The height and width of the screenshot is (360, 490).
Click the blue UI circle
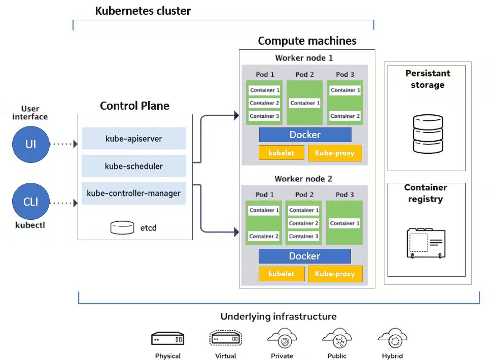pyautogui.click(x=31, y=144)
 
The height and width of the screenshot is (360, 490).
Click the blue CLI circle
pyautogui.click(x=31, y=202)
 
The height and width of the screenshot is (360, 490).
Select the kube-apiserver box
pyautogui.click(x=134, y=138)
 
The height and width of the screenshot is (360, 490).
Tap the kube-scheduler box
pyautogui.click(x=134, y=166)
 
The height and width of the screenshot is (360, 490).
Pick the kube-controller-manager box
pyautogui.click(x=134, y=193)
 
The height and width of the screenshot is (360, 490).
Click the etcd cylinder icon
pyautogui.click(x=122, y=227)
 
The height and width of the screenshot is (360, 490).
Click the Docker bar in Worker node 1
pyautogui.click(x=305, y=135)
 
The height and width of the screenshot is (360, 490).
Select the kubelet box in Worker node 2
pyautogui.click(x=282, y=274)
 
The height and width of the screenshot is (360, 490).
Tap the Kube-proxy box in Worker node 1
pyautogui.click(x=335, y=153)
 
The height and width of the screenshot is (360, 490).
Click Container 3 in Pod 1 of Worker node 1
pyautogui.click(x=264, y=116)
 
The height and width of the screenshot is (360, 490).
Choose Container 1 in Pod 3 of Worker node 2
pyautogui.click(x=344, y=223)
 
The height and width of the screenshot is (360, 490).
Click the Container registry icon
pyautogui.click(x=426, y=243)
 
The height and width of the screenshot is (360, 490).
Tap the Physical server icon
pyautogui.click(x=167, y=338)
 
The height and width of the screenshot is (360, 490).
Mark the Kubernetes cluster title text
pyautogui.click(x=143, y=11)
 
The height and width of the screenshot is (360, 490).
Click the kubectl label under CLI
pyautogui.click(x=30, y=224)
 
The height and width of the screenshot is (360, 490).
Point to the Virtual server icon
pyautogui.click(x=225, y=338)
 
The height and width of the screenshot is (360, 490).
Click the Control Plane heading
pyautogui.click(x=134, y=106)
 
